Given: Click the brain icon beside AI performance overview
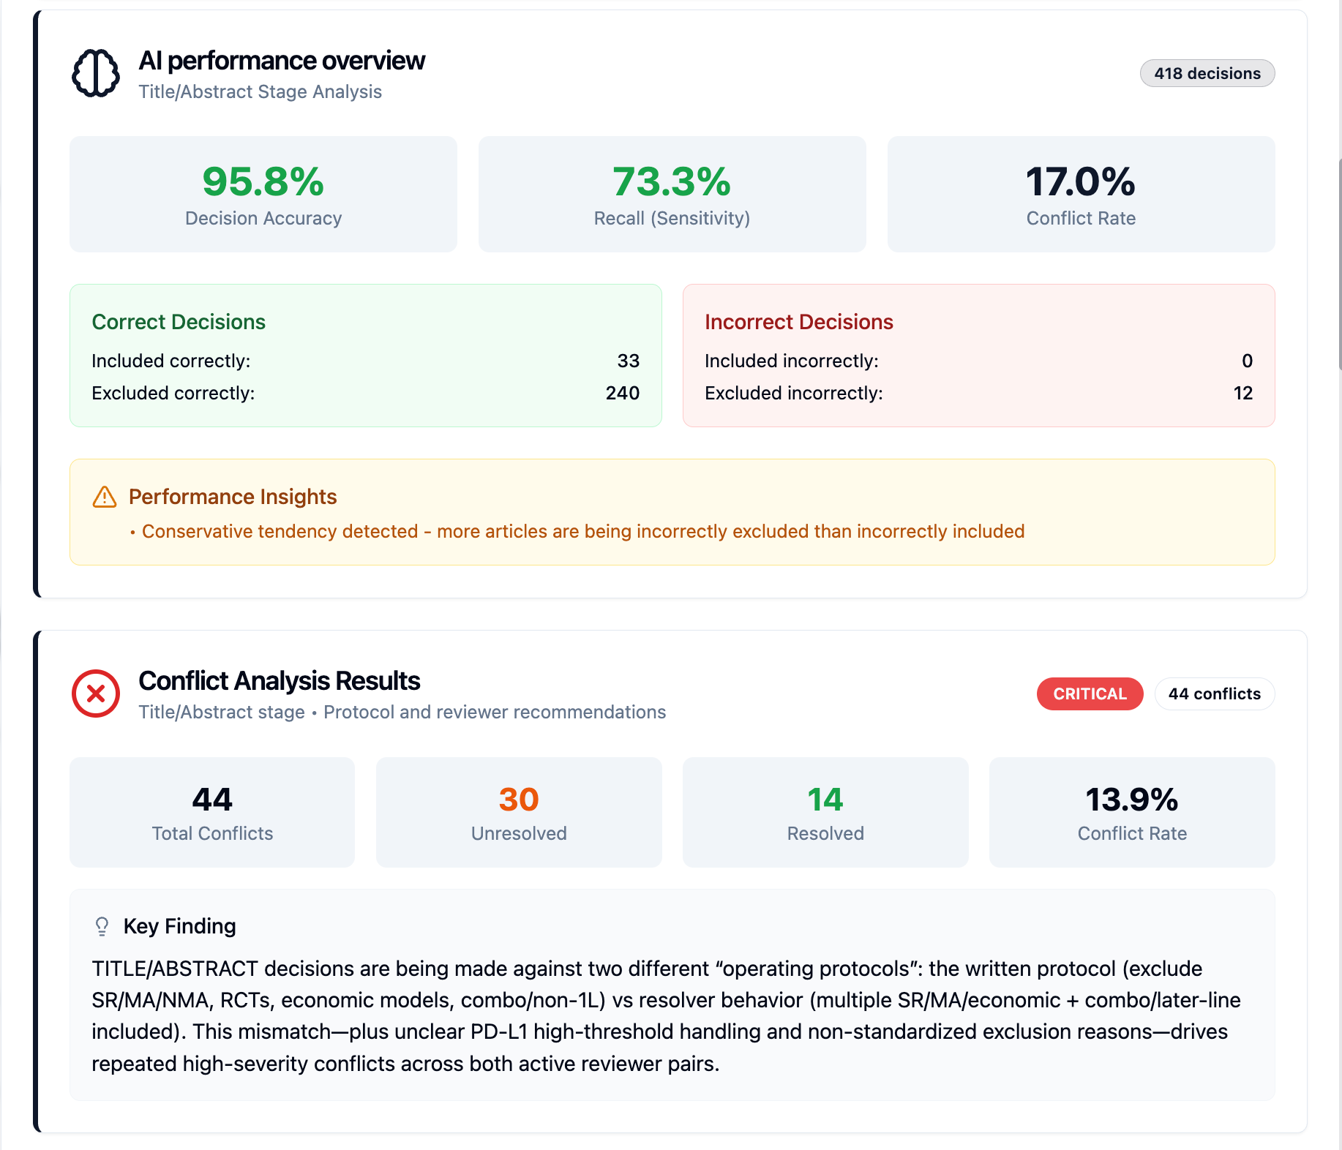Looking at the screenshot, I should click(96, 73).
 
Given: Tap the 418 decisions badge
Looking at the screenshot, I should click(1207, 73).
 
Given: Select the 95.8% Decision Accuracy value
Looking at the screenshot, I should click(263, 181).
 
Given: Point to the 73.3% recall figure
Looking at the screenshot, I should click(672, 181).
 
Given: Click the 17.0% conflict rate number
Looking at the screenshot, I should click(1081, 181).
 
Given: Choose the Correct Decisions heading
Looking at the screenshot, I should click(179, 322).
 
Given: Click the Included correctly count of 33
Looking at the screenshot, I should click(628, 361).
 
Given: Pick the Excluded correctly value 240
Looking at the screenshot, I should click(622, 393).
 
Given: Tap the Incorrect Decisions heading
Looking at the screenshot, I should click(799, 322).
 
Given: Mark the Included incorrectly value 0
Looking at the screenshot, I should click(1247, 361).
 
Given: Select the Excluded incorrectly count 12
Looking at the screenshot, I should click(1242, 393).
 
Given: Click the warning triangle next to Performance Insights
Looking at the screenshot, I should click(105, 497).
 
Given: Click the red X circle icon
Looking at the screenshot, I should click(96, 694).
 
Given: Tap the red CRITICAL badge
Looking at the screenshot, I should click(1090, 694).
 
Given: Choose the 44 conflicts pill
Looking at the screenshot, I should click(1215, 694).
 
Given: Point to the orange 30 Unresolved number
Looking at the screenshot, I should click(519, 800).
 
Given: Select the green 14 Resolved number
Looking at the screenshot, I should click(825, 800).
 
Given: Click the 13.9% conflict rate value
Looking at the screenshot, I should click(1132, 800).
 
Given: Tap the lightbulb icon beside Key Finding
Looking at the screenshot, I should click(102, 927).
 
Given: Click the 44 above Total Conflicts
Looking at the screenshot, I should click(212, 800).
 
